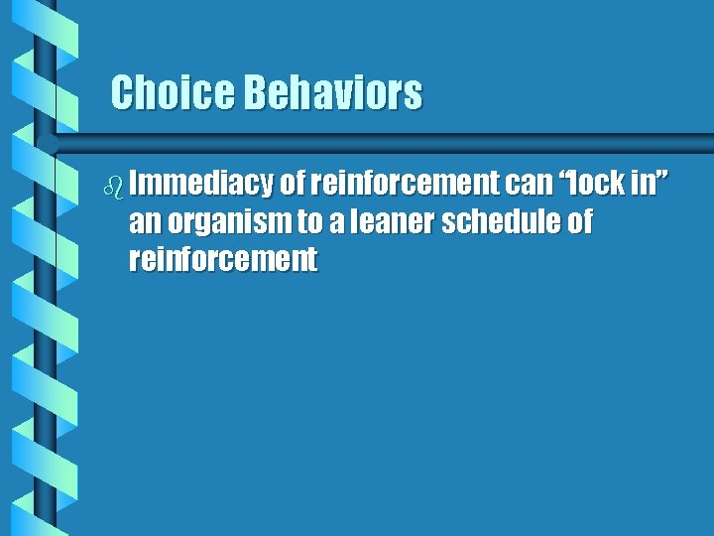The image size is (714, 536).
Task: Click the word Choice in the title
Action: (172, 93)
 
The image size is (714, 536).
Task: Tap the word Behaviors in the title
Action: (332, 93)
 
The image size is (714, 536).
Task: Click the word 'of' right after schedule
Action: (579, 222)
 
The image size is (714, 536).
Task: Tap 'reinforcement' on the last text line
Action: (223, 260)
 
